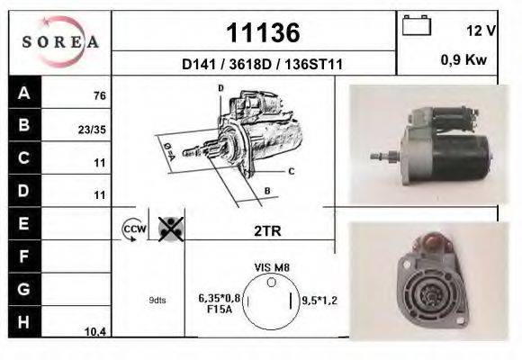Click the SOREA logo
point(60,42)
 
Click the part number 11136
point(263,32)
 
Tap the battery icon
point(417,25)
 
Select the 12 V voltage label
point(481,31)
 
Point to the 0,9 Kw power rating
point(463,60)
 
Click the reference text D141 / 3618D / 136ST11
point(262,64)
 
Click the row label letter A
point(24,93)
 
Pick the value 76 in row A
point(100,96)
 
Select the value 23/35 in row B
point(92,130)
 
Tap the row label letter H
point(23,322)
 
